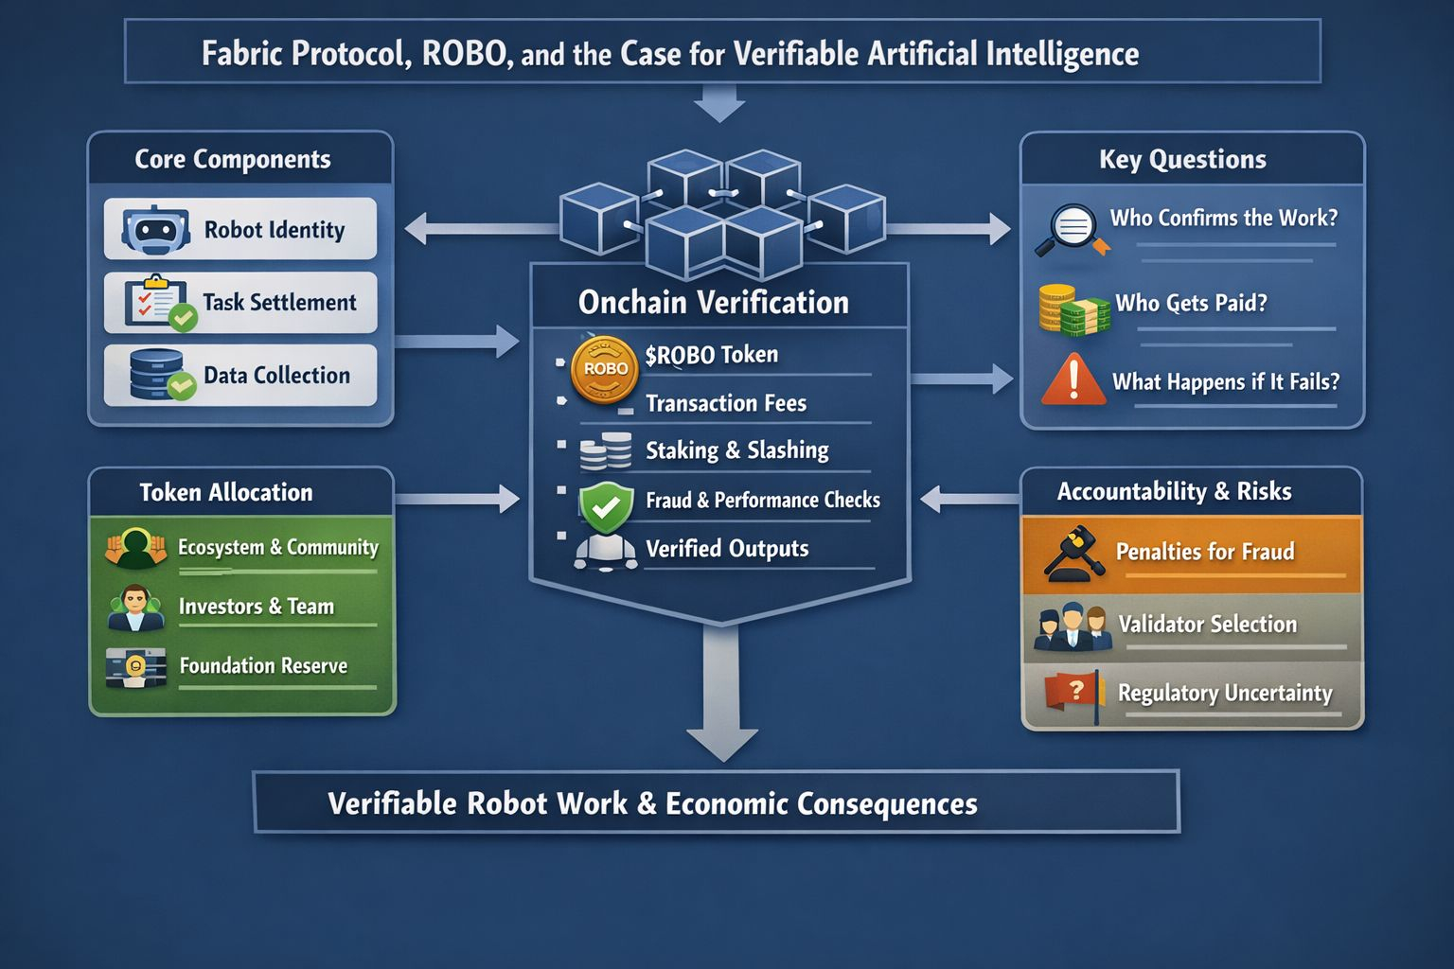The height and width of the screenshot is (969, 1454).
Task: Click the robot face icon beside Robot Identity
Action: click(155, 229)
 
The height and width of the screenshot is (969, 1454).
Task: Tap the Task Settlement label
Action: click(279, 303)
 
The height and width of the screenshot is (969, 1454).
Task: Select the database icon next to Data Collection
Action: click(158, 374)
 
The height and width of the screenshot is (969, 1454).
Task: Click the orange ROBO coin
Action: click(605, 368)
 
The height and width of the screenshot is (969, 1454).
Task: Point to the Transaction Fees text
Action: click(725, 403)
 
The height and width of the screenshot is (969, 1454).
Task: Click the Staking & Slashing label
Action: click(736, 450)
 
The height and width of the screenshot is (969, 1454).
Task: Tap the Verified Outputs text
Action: click(726, 549)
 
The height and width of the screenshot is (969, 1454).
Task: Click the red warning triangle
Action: click(1073, 380)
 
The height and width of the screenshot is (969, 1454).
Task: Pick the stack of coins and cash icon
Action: click(1073, 309)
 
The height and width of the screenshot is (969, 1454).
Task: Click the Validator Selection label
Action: click(1207, 625)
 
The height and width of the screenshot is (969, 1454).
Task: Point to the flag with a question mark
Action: click(1074, 694)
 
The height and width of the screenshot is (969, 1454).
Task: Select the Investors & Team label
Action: click(256, 607)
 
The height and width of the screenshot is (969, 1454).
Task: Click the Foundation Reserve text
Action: click(263, 666)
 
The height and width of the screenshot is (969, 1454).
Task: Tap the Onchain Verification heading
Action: click(713, 303)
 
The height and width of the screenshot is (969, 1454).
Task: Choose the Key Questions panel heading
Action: click(1182, 159)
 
